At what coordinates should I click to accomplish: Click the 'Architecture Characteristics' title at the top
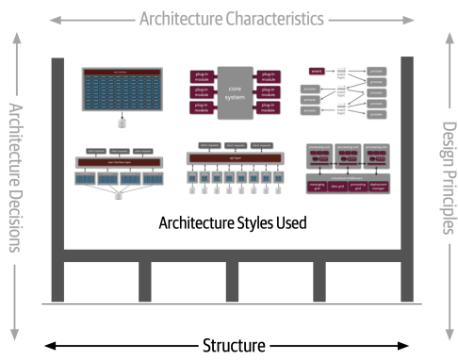click(x=231, y=18)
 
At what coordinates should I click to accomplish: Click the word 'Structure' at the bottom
click(x=231, y=345)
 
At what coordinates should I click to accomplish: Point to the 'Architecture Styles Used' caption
click(x=233, y=222)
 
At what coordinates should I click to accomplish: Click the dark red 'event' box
click(x=317, y=71)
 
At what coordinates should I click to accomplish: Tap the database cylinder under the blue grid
click(x=121, y=122)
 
